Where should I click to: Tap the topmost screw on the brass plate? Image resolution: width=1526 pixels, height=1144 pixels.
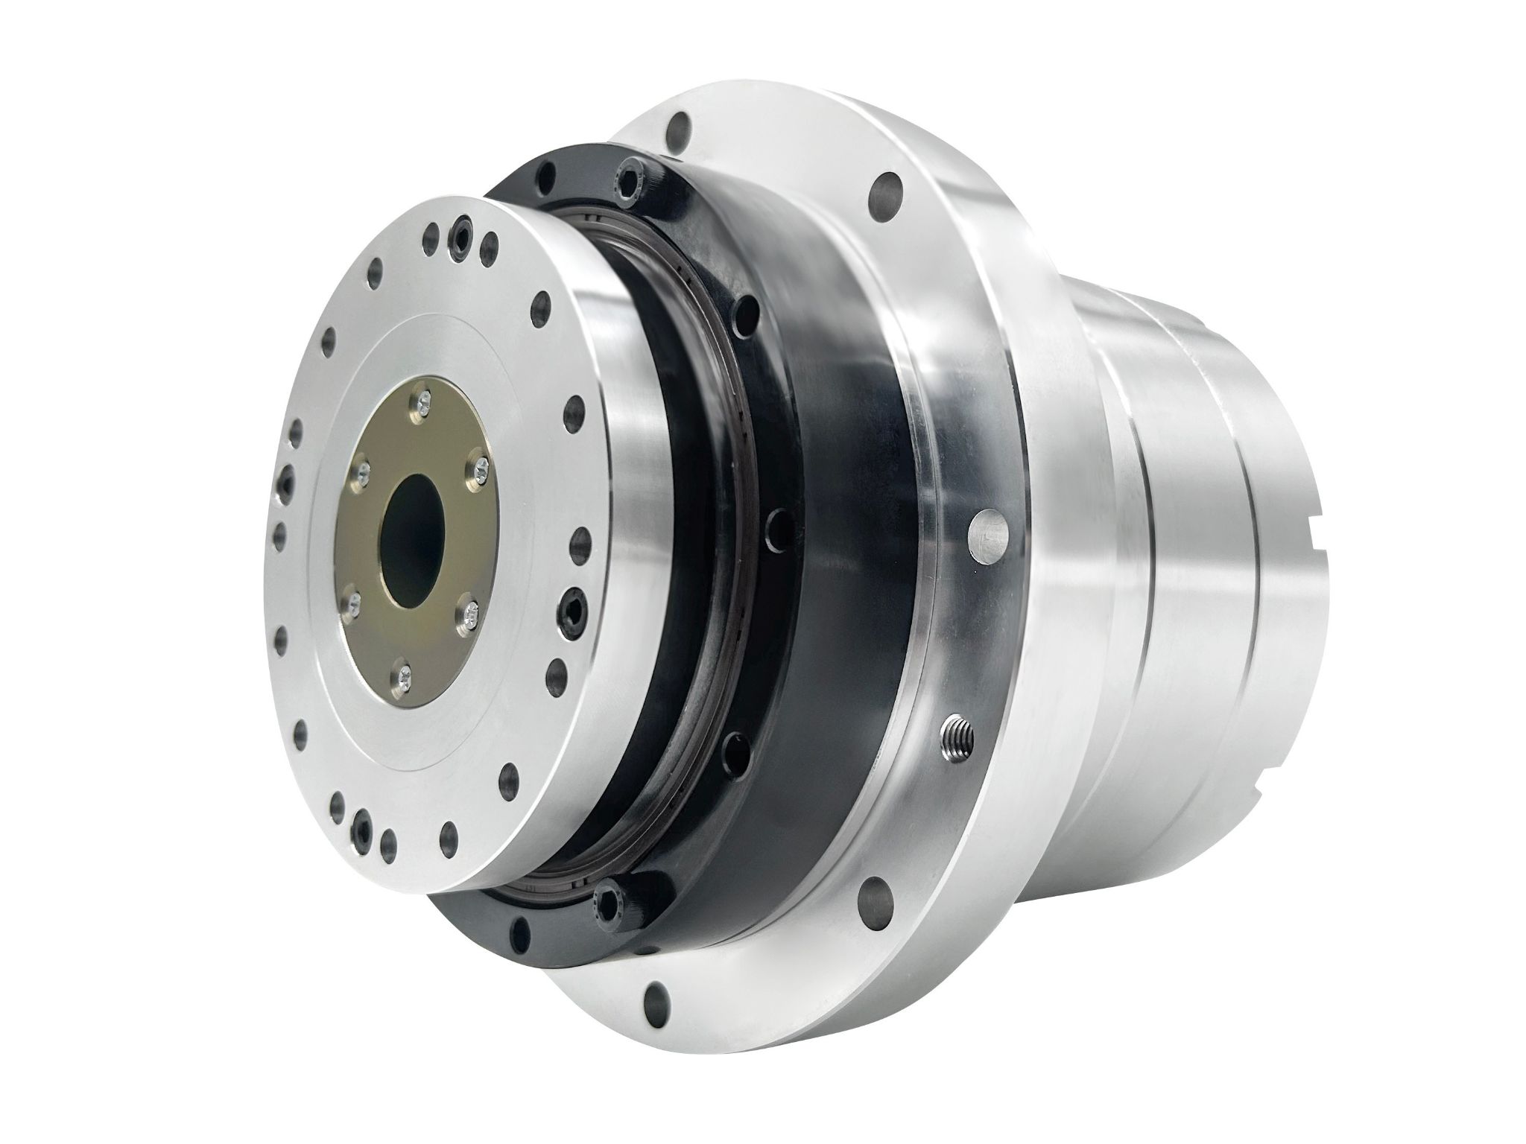[x=423, y=402]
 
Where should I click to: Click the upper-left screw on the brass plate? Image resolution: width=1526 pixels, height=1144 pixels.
[x=364, y=469]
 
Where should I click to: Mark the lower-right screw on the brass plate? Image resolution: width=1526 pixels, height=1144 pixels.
[x=469, y=611]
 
